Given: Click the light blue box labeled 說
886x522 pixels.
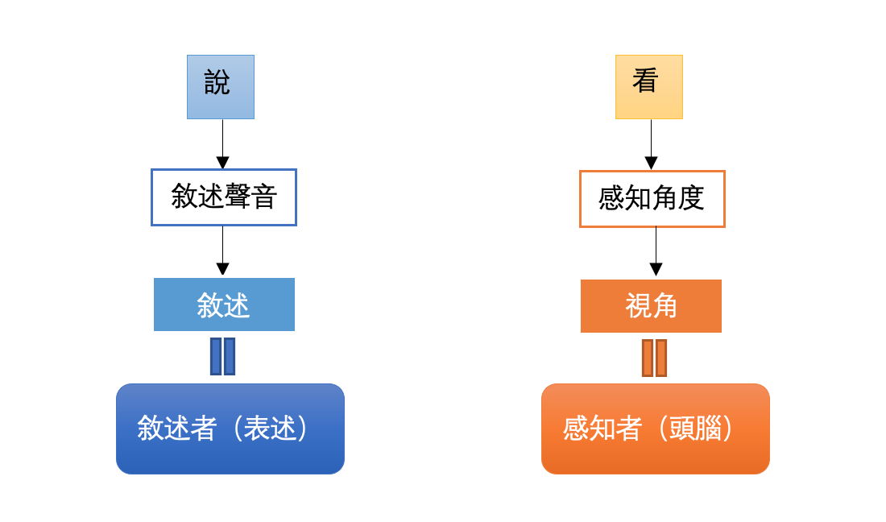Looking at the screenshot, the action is tap(221, 87).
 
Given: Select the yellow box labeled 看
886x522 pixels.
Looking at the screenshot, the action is tap(649, 87).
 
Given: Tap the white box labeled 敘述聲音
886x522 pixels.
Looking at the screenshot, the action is tap(224, 197).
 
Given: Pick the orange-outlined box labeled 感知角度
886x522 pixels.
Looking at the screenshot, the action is tap(652, 199).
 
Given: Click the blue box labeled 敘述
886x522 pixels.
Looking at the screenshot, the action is tap(225, 304).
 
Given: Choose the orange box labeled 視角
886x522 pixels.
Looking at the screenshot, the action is tap(651, 306).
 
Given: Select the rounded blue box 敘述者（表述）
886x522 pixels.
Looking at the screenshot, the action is tap(230, 429).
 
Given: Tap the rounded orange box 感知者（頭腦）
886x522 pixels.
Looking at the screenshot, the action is tap(656, 429).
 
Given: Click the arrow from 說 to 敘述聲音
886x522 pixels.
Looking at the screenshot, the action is tap(222, 144).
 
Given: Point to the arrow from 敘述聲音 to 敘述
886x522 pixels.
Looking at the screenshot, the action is tap(222, 251).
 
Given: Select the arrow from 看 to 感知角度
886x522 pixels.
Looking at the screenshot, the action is tap(651, 145).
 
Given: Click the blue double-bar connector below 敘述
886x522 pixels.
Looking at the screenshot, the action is tap(222, 357).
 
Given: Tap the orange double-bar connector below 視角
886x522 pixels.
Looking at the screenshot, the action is tap(654, 358).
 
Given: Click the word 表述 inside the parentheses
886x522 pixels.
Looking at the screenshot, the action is tap(270, 428).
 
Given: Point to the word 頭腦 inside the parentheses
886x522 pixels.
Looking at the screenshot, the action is tap(695, 428).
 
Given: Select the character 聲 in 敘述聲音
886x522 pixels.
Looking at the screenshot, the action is tap(238, 197).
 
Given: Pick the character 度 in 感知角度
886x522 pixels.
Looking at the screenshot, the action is tap(691, 198).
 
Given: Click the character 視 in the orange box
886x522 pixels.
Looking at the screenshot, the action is tap(638, 305).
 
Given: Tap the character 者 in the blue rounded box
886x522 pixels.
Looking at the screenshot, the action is tap(204, 428).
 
